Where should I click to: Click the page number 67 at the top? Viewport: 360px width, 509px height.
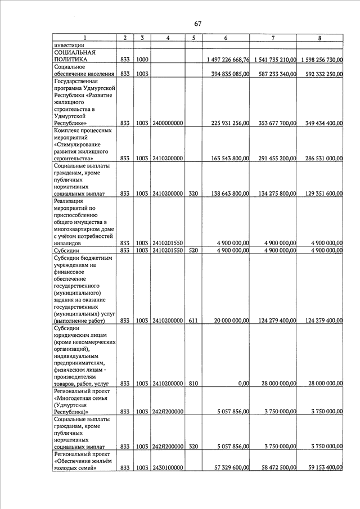click(197, 23)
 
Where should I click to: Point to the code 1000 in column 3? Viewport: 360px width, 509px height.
click(142, 59)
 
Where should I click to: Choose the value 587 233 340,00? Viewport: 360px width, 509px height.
click(274, 74)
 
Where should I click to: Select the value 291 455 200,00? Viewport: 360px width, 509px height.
click(274, 159)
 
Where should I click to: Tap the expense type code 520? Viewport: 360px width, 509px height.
click(193, 250)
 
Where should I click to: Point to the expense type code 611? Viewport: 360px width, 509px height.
click(193, 321)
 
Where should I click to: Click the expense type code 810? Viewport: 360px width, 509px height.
click(193, 384)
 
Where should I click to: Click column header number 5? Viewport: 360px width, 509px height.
click(193, 38)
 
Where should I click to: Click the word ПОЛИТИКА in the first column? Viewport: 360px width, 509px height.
click(70, 59)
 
